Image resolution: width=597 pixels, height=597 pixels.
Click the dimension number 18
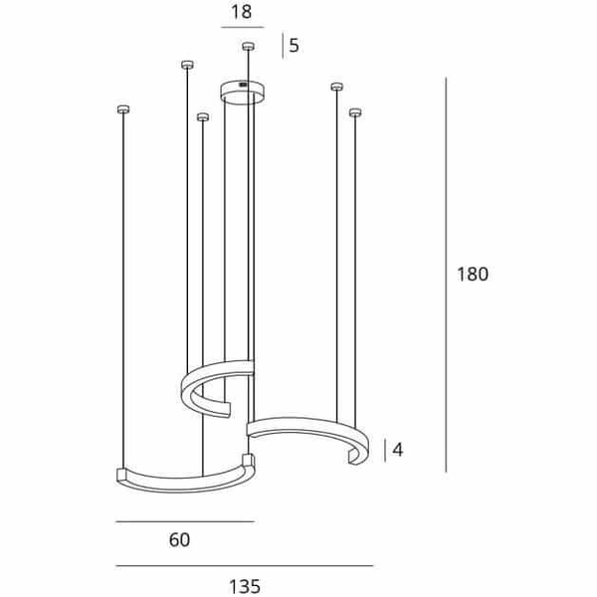pyautogui.click(x=240, y=12)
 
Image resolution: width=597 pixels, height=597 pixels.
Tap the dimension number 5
pyautogui.click(x=294, y=46)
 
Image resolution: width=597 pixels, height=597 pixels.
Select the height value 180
pyautogui.click(x=473, y=275)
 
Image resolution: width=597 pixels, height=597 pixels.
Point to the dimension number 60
pyautogui.click(x=179, y=540)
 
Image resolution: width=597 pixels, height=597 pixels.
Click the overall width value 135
pyautogui.click(x=244, y=586)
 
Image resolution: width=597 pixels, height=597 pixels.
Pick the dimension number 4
pyautogui.click(x=398, y=450)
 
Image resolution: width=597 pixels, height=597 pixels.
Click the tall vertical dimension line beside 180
pyautogui.click(x=445, y=274)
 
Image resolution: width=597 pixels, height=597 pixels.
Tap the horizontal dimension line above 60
pyautogui.click(x=185, y=521)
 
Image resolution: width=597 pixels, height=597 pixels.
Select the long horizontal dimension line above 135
pyautogui.click(x=244, y=566)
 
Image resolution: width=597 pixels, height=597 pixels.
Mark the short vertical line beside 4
pyautogui.click(x=385, y=450)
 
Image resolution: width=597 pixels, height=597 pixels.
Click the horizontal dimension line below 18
pyautogui.click(x=240, y=29)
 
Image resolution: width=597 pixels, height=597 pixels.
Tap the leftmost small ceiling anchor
pyautogui.click(x=123, y=108)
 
